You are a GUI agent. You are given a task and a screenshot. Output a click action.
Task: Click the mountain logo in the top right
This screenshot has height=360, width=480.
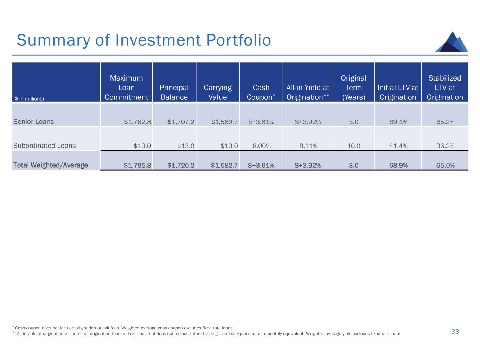point(452,42)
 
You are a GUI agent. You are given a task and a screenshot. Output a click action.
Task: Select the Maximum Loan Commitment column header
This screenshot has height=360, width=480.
point(126,88)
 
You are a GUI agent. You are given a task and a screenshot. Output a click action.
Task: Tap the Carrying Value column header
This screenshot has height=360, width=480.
point(218,92)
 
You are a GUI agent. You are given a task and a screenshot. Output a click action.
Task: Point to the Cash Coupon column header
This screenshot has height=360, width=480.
point(261,92)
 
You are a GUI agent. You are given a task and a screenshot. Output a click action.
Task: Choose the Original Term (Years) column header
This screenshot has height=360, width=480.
point(353,88)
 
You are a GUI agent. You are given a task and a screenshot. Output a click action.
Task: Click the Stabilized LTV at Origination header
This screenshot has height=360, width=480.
point(444,88)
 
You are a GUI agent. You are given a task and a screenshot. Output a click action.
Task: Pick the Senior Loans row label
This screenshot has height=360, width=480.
point(33,122)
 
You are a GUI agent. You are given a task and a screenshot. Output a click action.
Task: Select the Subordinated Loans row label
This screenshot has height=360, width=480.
point(44,146)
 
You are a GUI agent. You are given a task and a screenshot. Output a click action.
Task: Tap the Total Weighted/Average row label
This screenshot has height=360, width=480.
point(50,165)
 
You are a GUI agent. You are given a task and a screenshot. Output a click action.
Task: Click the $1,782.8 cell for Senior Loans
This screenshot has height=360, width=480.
point(137,122)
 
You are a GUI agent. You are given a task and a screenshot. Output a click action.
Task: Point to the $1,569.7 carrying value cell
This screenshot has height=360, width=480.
point(224,122)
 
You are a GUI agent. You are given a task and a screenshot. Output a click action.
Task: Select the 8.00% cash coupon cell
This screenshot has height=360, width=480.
point(262,146)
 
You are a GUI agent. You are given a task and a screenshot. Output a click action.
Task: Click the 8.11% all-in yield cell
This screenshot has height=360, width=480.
point(308,146)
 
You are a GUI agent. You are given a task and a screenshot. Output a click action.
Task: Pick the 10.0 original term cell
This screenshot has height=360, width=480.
point(353,146)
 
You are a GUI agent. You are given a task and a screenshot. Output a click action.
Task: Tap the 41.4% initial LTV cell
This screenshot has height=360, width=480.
point(398,146)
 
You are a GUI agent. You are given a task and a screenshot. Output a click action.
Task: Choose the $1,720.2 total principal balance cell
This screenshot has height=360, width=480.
point(181,165)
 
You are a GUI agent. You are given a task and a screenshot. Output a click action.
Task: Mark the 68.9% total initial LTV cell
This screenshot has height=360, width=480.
point(398,165)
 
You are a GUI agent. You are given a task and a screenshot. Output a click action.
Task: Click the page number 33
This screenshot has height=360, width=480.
point(455,332)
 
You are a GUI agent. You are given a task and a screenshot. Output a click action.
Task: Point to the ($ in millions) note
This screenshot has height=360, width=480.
point(28,98)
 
